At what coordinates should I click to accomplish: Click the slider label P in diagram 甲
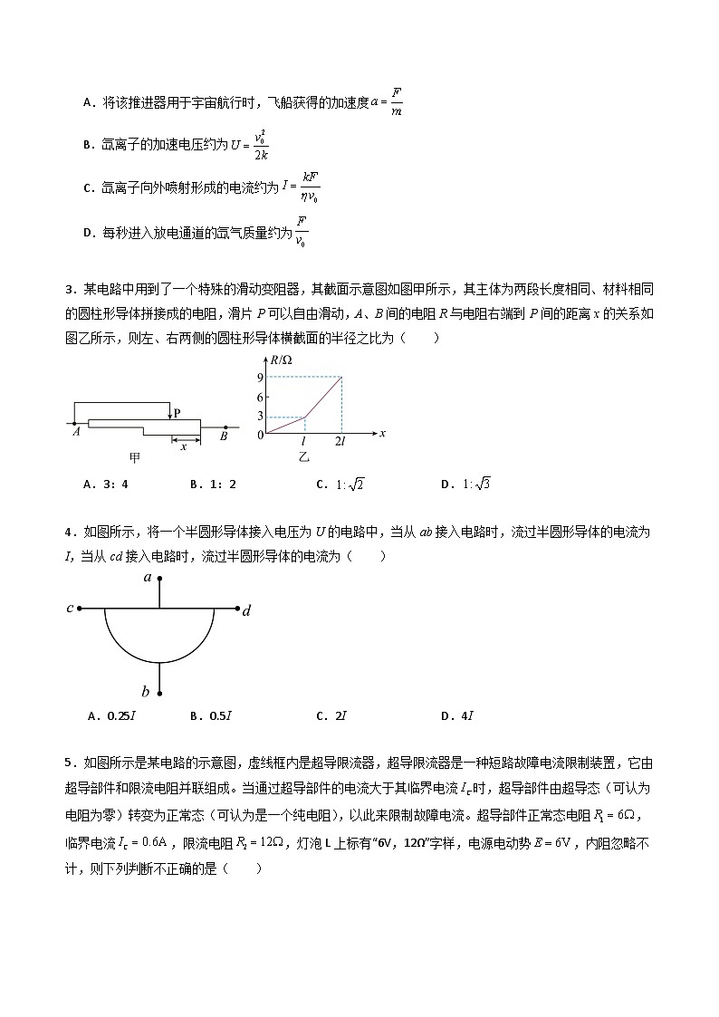(177, 413)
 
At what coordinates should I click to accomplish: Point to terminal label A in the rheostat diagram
(76, 435)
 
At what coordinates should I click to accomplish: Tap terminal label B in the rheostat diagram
(223, 436)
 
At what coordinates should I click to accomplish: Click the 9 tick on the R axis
(260, 377)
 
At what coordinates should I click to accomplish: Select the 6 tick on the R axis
(260, 397)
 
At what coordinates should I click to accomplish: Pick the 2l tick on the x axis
(341, 441)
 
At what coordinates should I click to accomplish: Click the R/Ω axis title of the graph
(282, 361)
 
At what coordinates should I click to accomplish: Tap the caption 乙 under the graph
(304, 457)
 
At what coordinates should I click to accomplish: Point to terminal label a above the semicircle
(148, 576)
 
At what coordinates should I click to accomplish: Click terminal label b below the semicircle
(146, 693)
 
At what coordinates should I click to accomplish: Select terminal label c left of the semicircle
(70, 608)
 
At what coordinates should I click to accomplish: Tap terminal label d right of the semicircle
(246, 611)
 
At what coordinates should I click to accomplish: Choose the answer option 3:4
(106, 484)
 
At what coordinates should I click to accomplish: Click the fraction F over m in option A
(397, 101)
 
